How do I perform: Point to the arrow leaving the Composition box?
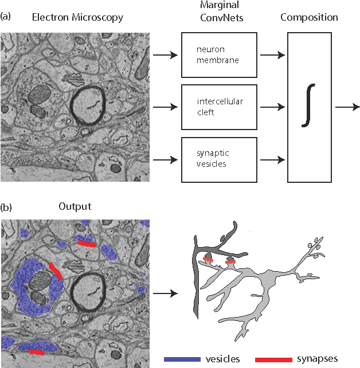coord(347,107)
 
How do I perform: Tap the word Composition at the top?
coord(309,18)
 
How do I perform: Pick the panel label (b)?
coord(7,205)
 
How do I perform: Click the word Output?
coord(75,206)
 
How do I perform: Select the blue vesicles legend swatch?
coord(181,359)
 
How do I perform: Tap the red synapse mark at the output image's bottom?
coord(36,351)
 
